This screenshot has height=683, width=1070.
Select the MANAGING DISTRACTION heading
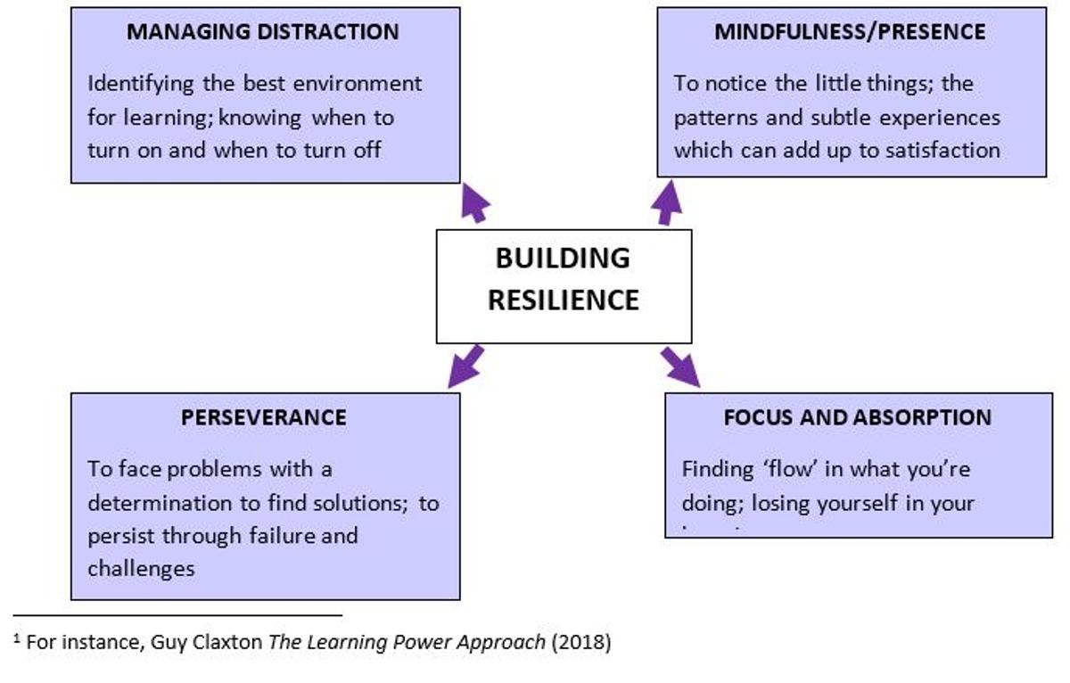(263, 32)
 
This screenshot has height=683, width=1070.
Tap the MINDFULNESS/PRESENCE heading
(850, 32)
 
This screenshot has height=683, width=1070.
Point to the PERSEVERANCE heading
(264, 417)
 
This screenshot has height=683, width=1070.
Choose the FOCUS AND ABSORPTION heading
(857, 417)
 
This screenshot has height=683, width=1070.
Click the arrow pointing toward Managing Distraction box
(475, 203)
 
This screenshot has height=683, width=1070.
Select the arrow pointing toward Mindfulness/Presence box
(666, 202)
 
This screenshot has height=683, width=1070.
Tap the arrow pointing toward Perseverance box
(465, 366)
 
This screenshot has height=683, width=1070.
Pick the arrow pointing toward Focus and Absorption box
(680, 366)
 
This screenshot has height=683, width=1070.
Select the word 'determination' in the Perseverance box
(161, 503)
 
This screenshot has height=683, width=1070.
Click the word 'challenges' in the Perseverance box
(141, 568)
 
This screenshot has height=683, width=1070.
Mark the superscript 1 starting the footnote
(17, 638)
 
